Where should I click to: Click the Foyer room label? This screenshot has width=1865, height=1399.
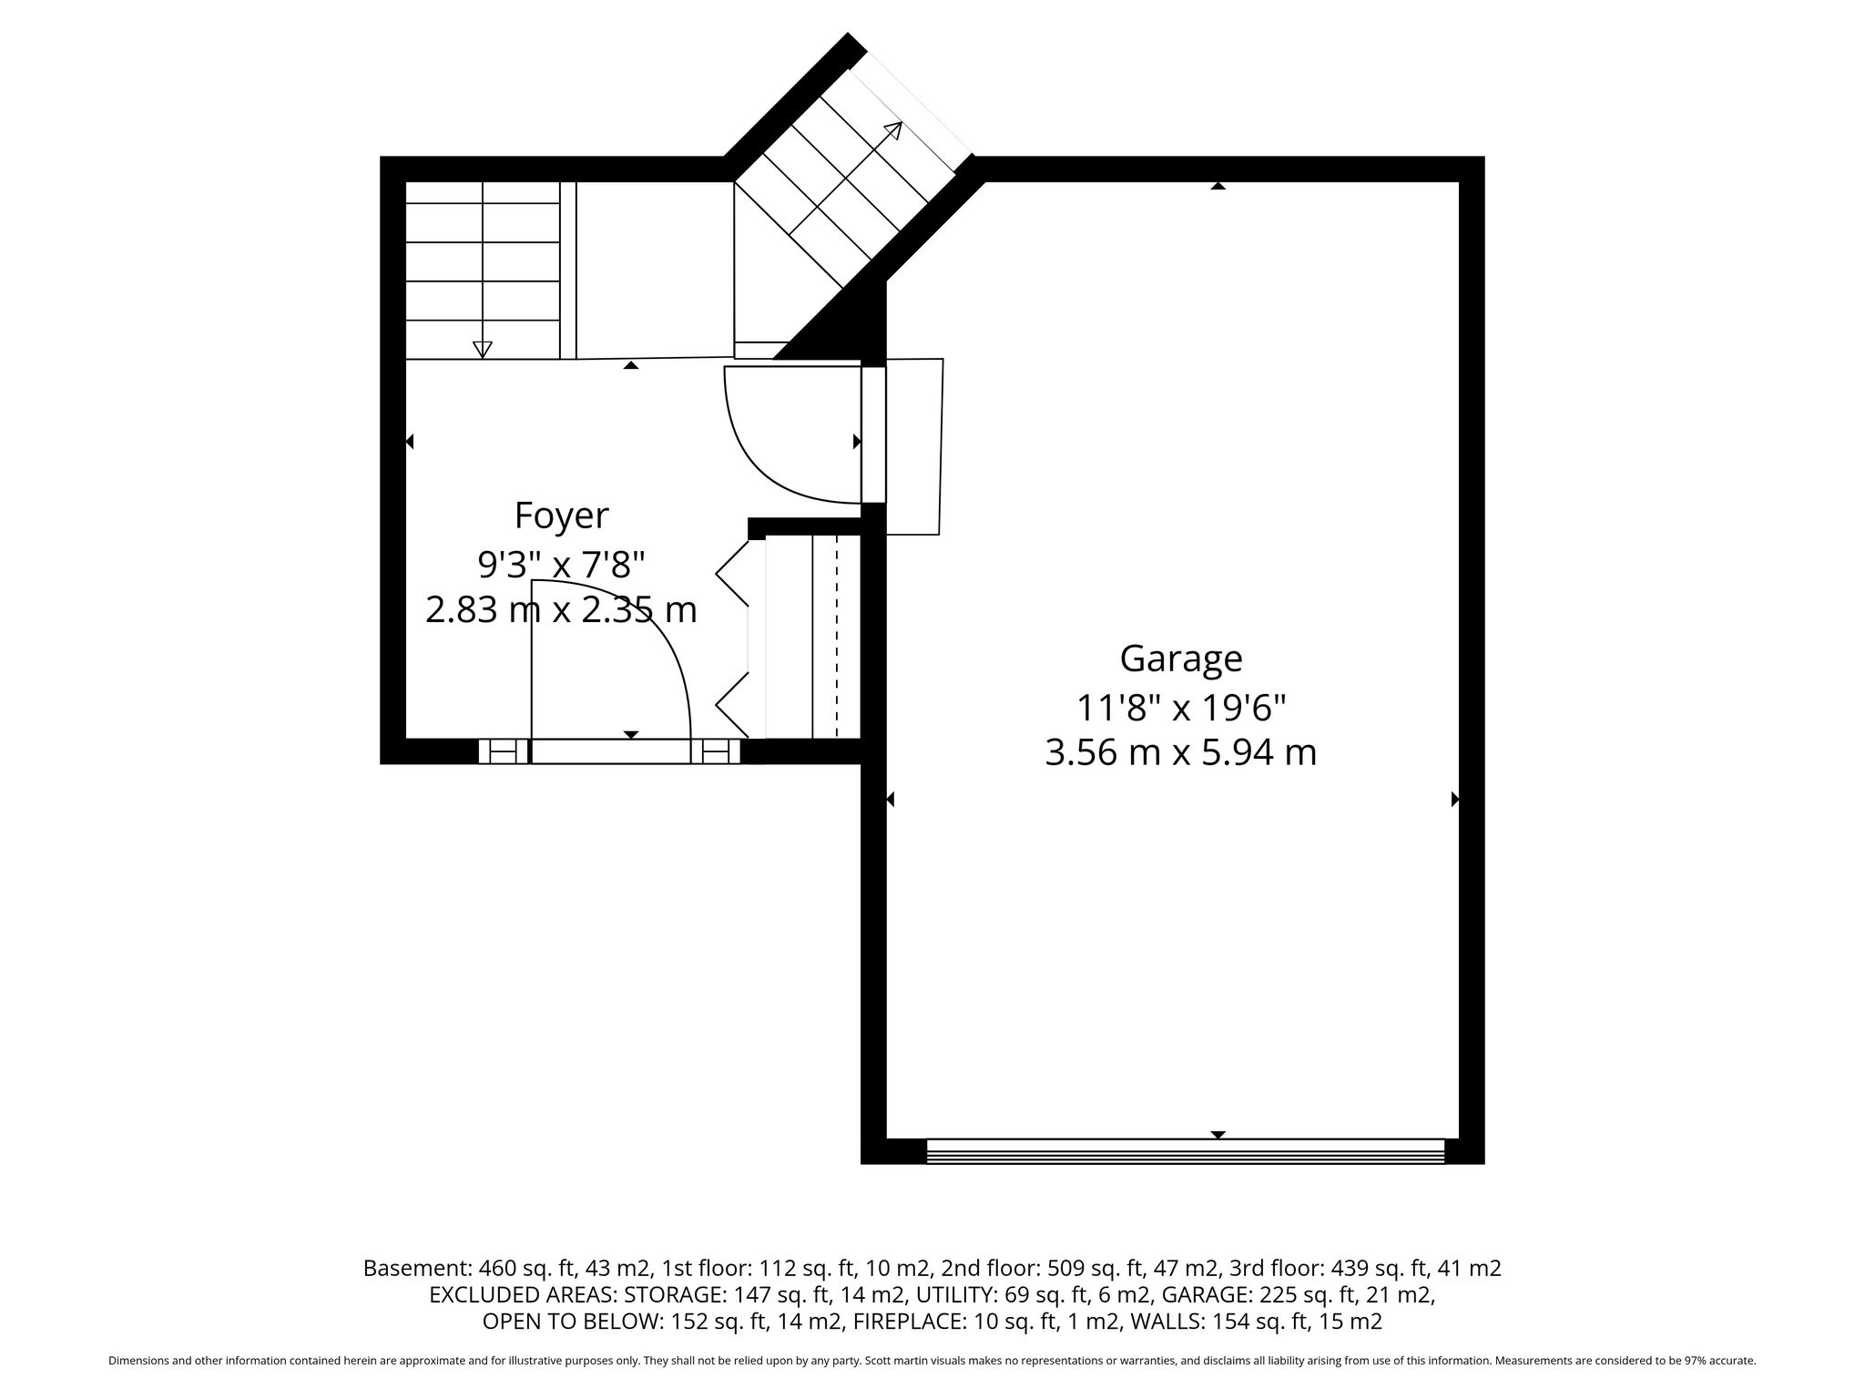pyautogui.click(x=561, y=516)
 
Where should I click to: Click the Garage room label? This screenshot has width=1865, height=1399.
pyautogui.click(x=1181, y=658)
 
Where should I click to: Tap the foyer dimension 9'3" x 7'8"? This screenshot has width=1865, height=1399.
pyautogui.click(x=561, y=564)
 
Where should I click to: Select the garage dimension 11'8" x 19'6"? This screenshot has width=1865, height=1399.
pyautogui.click(x=1181, y=706)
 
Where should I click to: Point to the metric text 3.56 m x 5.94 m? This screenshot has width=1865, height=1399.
pyautogui.click(x=1181, y=753)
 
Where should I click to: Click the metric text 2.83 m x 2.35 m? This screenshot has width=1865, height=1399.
pyautogui.click(x=561, y=610)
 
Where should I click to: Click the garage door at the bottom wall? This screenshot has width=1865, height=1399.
pyautogui.click(x=1186, y=1150)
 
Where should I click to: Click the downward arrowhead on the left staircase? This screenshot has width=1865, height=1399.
pyautogui.click(x=483, y=349)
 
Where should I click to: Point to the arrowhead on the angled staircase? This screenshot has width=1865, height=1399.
pyautogui.click(x=893, y=130)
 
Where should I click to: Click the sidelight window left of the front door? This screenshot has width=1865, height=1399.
pyautogui.click(x=504, y=751)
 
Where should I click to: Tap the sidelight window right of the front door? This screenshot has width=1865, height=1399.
pyautogui.click(x=716, y=751)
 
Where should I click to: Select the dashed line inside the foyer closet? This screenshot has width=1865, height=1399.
pyautogui.click(x=836, y=637)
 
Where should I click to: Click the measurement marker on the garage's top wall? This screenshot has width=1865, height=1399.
pyautogui.click(x=1218, y=186)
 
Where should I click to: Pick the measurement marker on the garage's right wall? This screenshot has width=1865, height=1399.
pyautogui.click(x=1454, y=800)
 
